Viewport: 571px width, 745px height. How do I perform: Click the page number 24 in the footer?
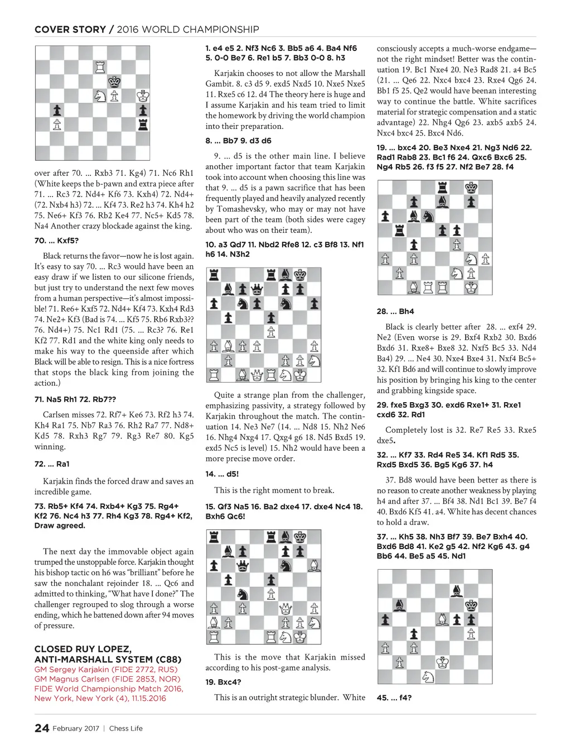[42, 728]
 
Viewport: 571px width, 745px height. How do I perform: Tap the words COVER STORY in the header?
[70, 30]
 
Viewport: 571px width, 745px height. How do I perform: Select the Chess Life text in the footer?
[126, 728]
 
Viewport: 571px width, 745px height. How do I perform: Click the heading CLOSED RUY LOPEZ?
[83, 649]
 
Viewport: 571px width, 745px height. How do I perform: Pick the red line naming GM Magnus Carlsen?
[106, 679]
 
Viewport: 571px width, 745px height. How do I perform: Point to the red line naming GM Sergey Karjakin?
[106, 670]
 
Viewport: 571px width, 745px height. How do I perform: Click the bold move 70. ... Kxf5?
[56, 241]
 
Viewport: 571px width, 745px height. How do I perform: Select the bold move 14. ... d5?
[222, 474]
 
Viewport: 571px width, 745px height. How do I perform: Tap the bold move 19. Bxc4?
[223, 682]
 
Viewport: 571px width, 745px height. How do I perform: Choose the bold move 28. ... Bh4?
[395, 312]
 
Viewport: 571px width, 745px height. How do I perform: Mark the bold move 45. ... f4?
[394, 698]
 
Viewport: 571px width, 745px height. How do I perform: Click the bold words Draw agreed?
[60, 526]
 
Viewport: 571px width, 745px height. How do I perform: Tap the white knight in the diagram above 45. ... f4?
[428, 677]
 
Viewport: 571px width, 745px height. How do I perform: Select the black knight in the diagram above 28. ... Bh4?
[428, 216]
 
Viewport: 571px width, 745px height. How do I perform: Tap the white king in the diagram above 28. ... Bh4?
[471, 288]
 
